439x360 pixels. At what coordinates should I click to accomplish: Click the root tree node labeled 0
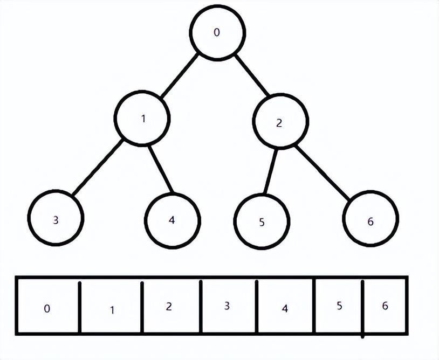(218, 33)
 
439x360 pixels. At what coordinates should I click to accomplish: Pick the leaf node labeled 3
(56, 218)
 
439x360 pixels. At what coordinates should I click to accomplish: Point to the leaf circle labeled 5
(262, 221)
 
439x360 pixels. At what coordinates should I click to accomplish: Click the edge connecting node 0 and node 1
(179, 75)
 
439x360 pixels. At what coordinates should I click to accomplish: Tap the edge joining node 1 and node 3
(99, 168)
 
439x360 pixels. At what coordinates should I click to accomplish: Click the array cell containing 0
(47, 306)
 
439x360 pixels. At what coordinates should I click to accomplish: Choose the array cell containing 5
(338, 306)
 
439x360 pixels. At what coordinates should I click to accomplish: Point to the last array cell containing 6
(385, 306)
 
